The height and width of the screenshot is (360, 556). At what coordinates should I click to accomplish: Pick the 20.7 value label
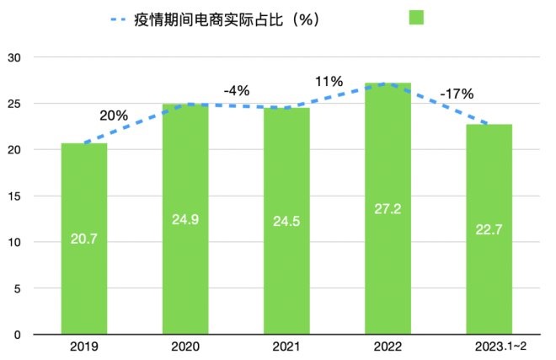[x=84, y=239]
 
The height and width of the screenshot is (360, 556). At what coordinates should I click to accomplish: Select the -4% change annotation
[x=237, y=89]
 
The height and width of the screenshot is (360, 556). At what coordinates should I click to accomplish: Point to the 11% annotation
[x=329, y=81]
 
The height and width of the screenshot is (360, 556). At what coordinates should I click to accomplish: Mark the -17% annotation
[x=456, y=94]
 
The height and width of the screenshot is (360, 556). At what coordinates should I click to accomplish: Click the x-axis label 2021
[x=286, y=347]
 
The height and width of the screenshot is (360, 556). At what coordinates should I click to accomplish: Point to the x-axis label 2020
[x=185, y=347]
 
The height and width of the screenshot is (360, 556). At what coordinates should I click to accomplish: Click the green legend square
[x=416, y=19]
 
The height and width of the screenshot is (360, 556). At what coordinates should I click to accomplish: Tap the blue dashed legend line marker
[x=122, y=19]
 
